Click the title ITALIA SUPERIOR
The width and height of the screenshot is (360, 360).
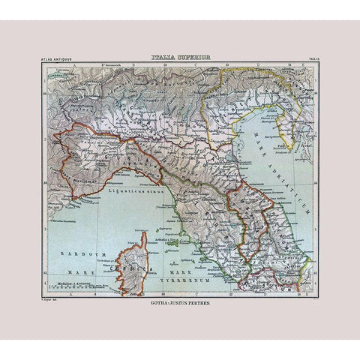[x=179, y=55]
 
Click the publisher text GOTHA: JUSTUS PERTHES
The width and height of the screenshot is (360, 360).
[x=180, y=304]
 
